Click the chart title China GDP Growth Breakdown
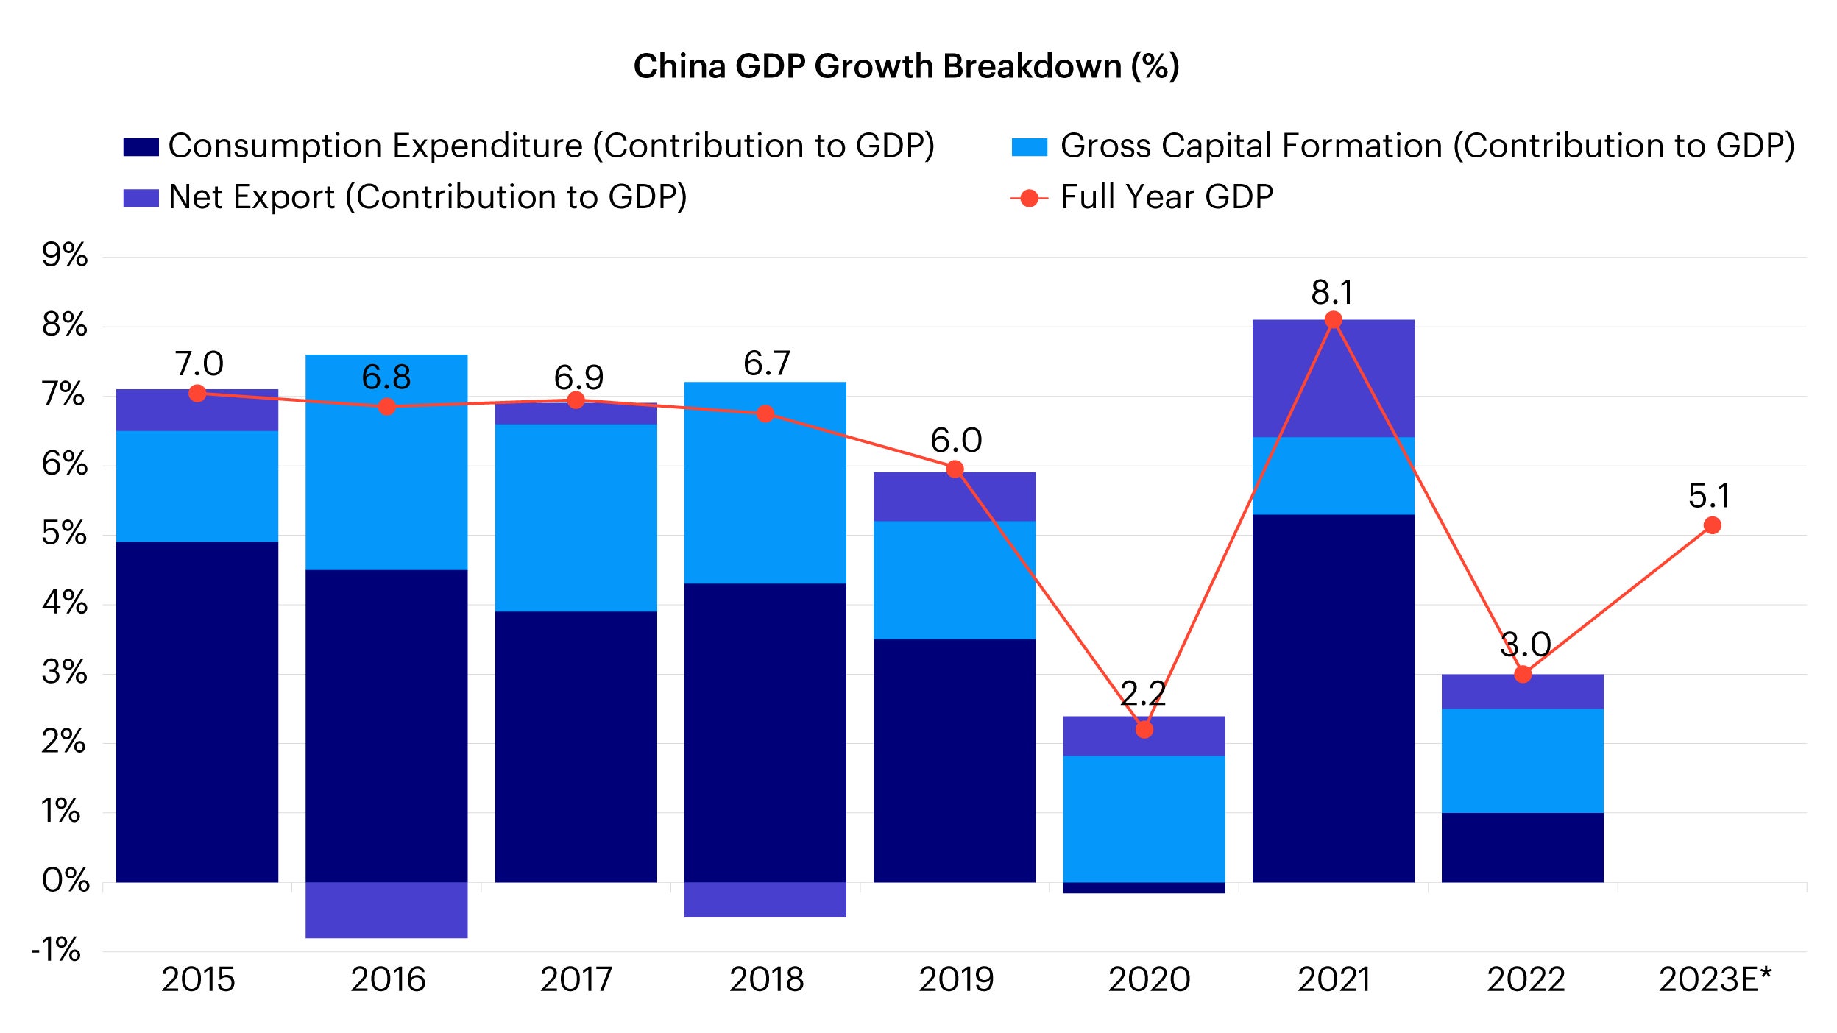pos(906,66)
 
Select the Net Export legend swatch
pos(141,198)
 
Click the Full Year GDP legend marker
pos(1030,198)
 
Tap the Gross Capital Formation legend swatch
pos(1029,147)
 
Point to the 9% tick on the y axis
pos(65,256)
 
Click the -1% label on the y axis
pos(56,950)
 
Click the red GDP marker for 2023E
pos(1713,525)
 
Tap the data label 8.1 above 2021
pos(1332,293)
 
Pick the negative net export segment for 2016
pos(386,910)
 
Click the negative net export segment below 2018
pos(765,900)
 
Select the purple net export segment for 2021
pos(1333,378)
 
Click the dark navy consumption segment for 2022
pos(1522,847)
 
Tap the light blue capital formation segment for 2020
pos(1144,819)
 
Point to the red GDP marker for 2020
pos(1144,730)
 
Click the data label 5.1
pos(1709,496)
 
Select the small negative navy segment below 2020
pos(1144,888)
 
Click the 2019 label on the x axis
pos(955,979)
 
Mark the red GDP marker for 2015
pos(197,394)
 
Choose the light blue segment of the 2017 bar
pos(576,517)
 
